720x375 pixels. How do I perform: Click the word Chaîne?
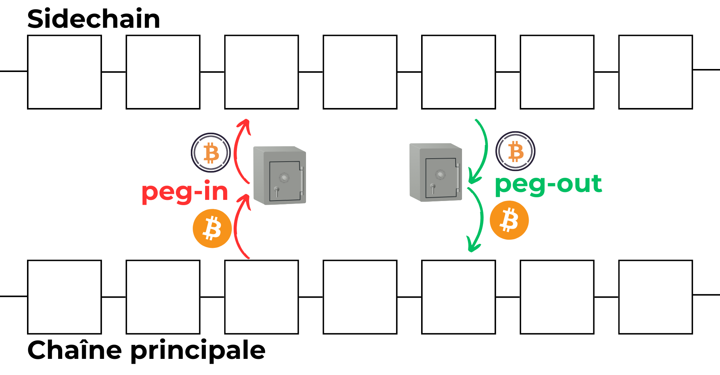tap(74, 350)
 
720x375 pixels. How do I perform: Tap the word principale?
tap(198, 351)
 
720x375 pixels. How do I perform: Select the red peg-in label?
tap(185, 192)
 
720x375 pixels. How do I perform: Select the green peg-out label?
tap(548, 184)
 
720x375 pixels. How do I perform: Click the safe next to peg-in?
tap(280, 175)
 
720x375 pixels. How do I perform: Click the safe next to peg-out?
tap(436, 172)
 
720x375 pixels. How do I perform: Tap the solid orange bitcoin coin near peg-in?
tap(212, 228)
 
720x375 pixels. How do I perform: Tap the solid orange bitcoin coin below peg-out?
tap(509, 220)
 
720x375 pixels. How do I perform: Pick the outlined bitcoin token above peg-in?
tap(211, 153)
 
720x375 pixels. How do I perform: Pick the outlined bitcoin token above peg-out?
tap(515, 151)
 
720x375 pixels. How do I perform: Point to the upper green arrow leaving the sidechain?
tap(484, 150)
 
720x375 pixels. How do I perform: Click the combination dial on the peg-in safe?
tap(284, 177)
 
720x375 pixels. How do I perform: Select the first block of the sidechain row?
tap(64, 72)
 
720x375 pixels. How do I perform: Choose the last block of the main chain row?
tap(655, 297)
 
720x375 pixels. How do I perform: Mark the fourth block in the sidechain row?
tap(360, 72)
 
